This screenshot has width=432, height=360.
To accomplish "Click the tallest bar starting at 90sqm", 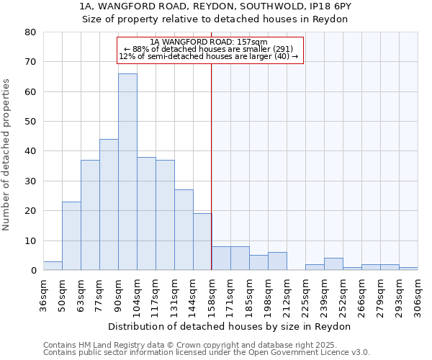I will coord(127,172).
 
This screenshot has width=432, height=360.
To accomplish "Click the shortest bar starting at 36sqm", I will coord(53,266).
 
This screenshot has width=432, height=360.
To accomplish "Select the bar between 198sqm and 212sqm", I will coord(277,261).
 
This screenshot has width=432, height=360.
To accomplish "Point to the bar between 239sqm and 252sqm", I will coord(333,264).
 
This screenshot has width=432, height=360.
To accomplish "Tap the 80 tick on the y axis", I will coord(31,32).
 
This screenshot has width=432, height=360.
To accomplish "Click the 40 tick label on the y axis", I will coord(31,151).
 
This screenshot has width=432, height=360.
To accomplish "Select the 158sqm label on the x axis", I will coord(211,295).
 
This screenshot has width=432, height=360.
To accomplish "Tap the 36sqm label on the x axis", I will coord(43,295).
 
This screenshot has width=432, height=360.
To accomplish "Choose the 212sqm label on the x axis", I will coord(287,295).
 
